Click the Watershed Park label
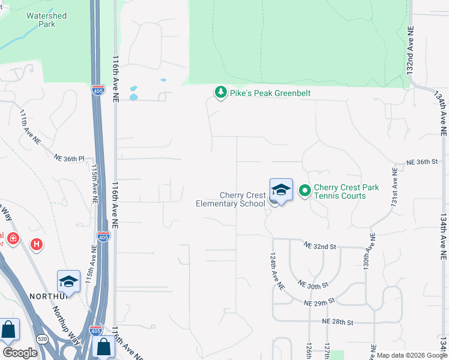46,20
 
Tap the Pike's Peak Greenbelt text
262,93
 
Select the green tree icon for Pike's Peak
221,92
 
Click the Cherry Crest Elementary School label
231,199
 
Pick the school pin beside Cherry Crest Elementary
280,190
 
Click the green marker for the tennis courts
304,191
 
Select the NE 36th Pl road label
70,158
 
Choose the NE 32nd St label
319,246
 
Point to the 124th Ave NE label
276,272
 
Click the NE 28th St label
337,322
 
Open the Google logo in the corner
20,353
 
